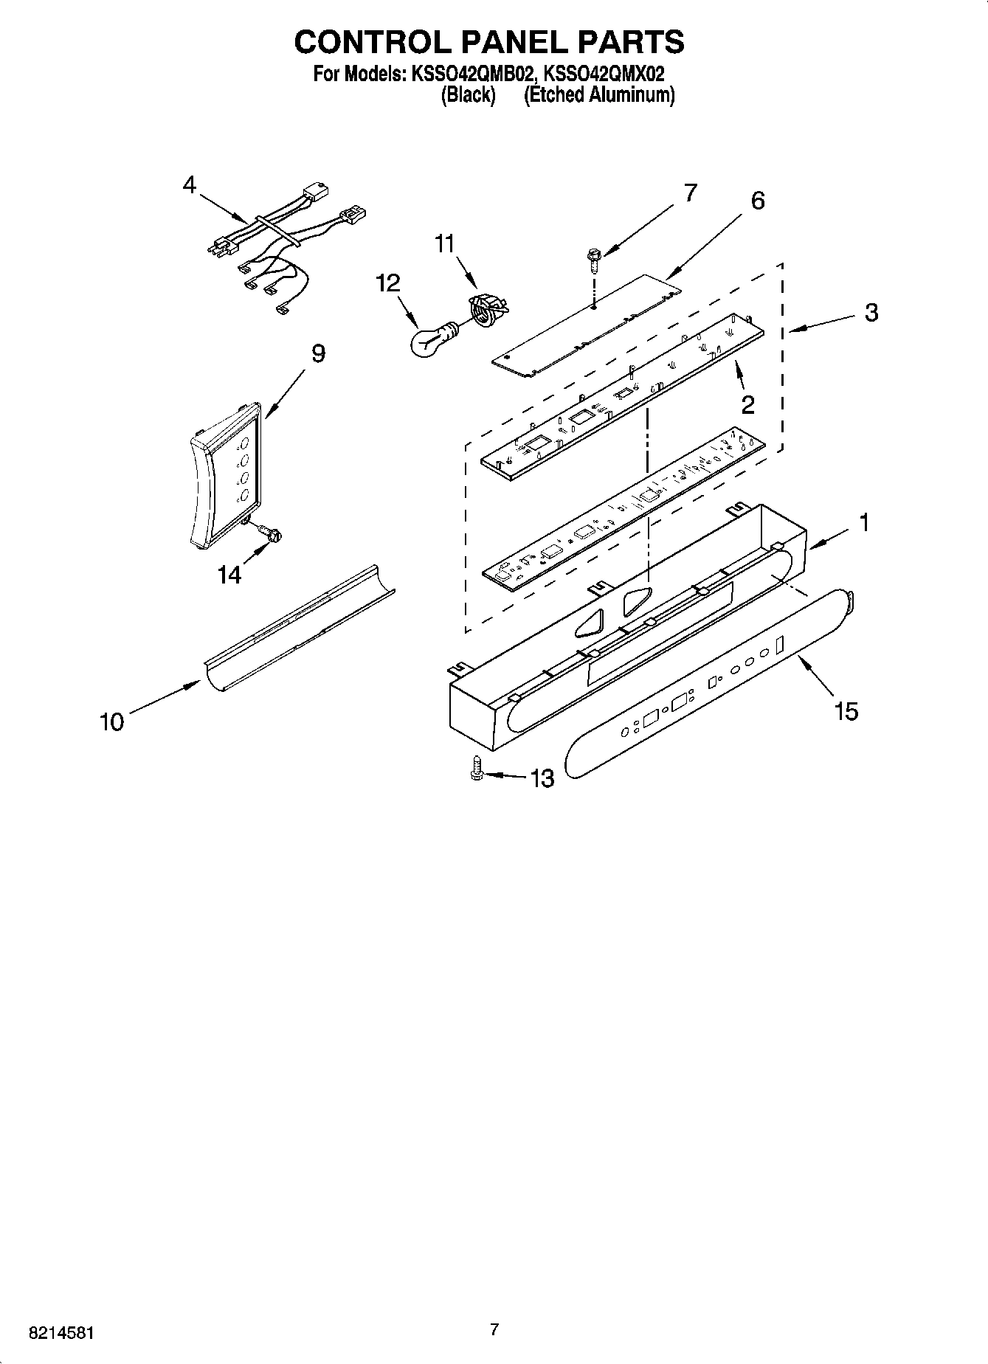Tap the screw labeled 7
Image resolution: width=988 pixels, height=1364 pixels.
click(593, 260)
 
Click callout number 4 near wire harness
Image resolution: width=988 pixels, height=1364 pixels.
click(190, 184)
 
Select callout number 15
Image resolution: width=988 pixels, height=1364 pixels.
click(846, 711)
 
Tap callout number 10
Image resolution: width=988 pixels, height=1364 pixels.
click(111, 721)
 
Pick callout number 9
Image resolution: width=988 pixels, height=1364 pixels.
click(317, 353)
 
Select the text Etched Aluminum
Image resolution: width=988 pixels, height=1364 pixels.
click(599, 95)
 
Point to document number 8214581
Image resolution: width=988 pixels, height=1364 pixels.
click(61, 1333)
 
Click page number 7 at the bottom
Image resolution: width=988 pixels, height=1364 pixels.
click(494, 1330)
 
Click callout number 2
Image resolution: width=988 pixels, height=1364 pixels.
click(747, 404)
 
